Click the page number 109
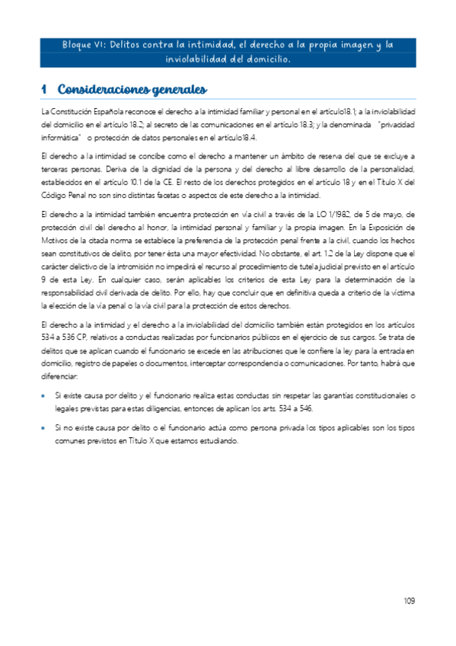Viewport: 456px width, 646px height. (409, 601)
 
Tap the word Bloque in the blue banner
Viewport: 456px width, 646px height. (79, 45)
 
